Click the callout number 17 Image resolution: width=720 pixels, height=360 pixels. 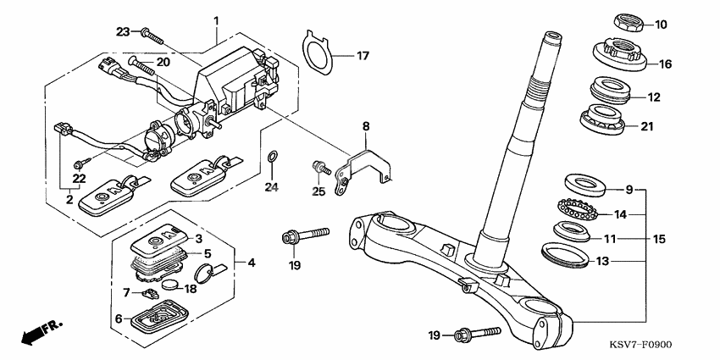362,56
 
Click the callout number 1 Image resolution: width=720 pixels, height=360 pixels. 216,20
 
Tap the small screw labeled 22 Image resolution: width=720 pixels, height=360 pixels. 80,163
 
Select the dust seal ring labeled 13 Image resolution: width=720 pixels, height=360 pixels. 566,253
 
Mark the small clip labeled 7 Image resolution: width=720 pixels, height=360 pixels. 150,292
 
